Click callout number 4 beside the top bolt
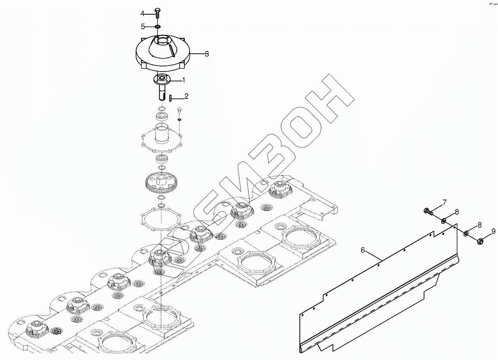pos(142,14)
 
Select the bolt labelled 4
pos(157,12)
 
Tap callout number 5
pos(143,26)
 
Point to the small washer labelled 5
pos(157,26)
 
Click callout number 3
pos(206,54)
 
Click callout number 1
pos(183,80)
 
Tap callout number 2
pos(186,96)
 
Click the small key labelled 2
pos(170,98)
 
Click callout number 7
pos(445,203)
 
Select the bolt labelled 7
pos(428,211)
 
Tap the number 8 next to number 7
pos(457,212)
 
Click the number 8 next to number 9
pos(480,225)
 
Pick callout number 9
pos(493,231)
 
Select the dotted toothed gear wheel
pos(161,183)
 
